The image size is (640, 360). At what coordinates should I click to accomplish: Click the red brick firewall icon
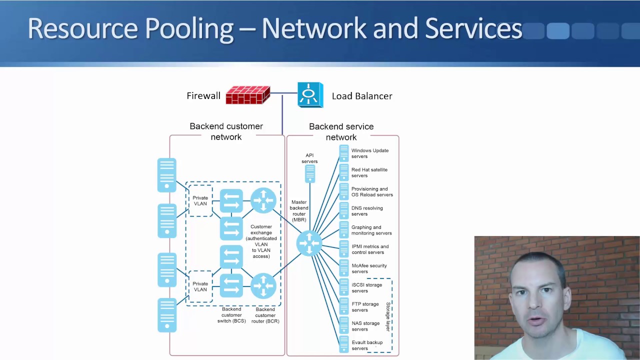[x=247, y=95]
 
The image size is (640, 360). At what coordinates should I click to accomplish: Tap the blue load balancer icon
[x=310, y=95]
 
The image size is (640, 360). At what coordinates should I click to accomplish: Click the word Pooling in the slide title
[x=189, y=28]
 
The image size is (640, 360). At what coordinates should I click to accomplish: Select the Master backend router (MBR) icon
[x=309, y=243]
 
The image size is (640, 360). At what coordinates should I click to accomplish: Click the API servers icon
[x=310, y=173]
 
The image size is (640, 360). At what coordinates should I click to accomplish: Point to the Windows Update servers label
[x=369, y=153]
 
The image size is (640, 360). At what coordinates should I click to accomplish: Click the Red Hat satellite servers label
[x=369, y=172]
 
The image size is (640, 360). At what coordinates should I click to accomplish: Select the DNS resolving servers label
[x=367, y=211]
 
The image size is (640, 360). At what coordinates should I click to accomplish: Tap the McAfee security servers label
[x=369, y=268]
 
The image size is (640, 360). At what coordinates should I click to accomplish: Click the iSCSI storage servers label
[x=366, y=287]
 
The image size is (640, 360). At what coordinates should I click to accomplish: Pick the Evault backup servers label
[x=366, y=345]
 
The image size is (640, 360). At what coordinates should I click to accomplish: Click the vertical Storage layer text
[x=387, y=316]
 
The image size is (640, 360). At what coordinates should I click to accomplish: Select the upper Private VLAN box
[x=200, y=201]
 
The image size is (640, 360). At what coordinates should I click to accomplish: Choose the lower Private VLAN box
[x=200, y=286]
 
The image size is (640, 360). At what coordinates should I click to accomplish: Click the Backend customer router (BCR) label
[x=265, y=315]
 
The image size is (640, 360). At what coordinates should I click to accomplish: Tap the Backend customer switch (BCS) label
[x=231, y=315]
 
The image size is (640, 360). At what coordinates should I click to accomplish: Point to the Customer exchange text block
[x=261, y=241]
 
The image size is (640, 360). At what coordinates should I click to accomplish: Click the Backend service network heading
[x=341, y=131]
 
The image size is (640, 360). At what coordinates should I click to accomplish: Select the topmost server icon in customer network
[x=166, y=175]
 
